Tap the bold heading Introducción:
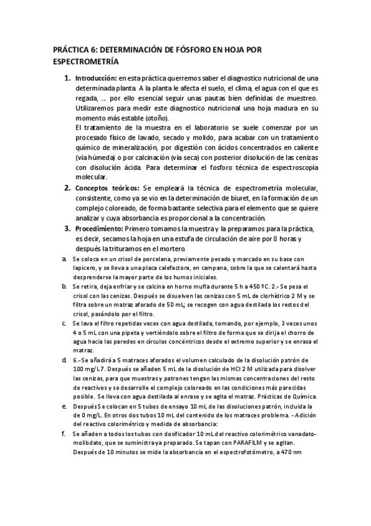click(x=96, y=79)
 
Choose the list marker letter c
click(x=64, y=323)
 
